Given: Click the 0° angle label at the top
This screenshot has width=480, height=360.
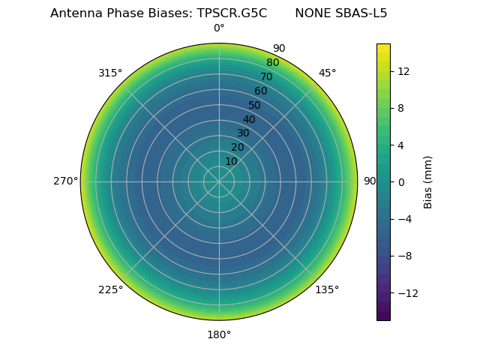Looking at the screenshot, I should pyautogui.click(x=219, y=28).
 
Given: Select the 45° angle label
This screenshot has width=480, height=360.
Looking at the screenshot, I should pyautogui.click(x=327, y=73).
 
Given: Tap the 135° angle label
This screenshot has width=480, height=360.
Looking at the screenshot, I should pyautogui.click(x=327, y=289).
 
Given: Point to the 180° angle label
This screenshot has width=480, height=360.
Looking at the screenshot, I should pyautogui.click(x=219, y=334).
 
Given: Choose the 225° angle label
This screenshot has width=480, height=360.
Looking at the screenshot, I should pyautogui.click(x=110, y=289).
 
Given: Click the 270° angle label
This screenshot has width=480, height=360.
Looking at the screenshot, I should pyautogui.click(x=65, y=181).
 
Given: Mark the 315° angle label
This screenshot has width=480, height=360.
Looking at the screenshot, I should pyautogui.click(x=110, y=73).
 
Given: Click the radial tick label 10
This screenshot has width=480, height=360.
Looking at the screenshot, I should pyautogui.click(x=231, y=161).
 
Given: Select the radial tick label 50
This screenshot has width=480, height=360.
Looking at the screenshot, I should pyautogui.click(x=255, y=105).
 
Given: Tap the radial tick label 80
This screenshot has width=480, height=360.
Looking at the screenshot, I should pyautogui.click(x=273, y=63).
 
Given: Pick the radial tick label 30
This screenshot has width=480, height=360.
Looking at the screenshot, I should pyautogui.click(x=243, y=133).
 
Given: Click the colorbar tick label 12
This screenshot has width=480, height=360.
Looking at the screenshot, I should pyautogui.click(x=403, y=70).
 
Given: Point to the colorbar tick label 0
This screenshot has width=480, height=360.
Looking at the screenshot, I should pyautogui.click(x=400, y=181).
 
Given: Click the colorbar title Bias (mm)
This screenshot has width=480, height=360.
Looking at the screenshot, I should pyautogui.click(x=428, y=181).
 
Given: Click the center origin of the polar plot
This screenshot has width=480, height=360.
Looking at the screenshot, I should pyautogui.click(x=219, y=181).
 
